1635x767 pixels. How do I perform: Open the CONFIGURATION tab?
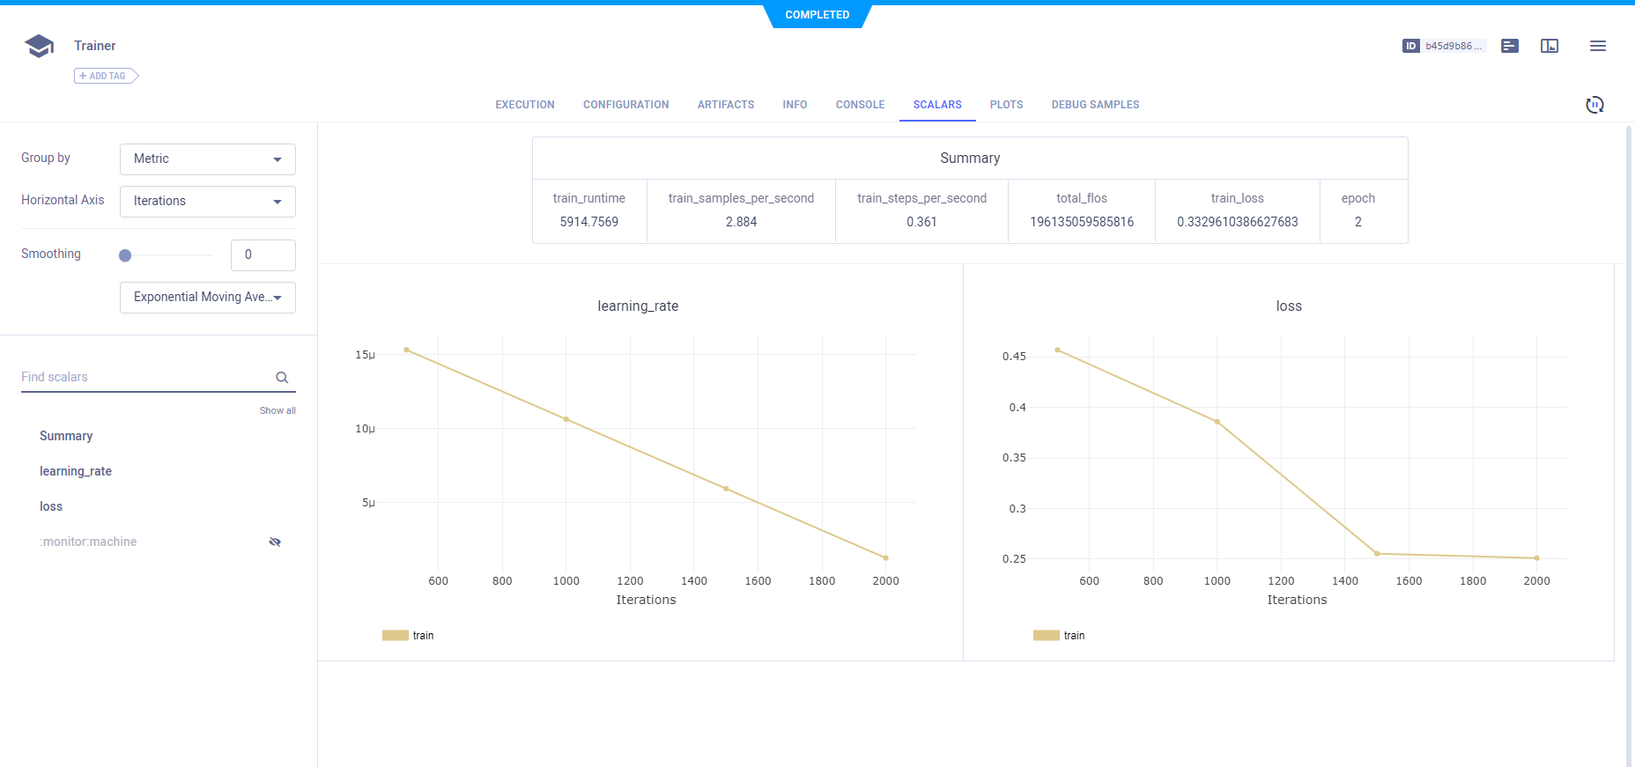coord(625,105)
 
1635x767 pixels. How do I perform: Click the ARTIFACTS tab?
coord(726,105)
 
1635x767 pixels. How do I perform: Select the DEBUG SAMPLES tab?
coord(1095,105)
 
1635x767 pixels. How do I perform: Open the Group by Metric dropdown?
coord(208,159)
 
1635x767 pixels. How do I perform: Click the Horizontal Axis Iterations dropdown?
coord(208,202)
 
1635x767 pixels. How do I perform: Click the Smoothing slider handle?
coord(125,255)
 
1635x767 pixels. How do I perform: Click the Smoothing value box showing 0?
coord(263,255)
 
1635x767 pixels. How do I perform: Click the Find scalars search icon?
coord(282,378)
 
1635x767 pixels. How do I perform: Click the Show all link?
coord(277,411)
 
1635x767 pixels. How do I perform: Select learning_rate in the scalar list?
coord(76,471)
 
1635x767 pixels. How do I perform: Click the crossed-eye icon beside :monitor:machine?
coord(275,542)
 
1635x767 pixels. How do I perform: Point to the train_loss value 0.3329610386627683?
coord(1237,222)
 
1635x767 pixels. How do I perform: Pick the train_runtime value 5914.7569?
coord(589,222)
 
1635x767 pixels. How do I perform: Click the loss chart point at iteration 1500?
coord(1377,554)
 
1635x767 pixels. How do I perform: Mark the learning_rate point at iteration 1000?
coord(566,419)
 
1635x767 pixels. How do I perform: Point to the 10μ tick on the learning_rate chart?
coord(365,429)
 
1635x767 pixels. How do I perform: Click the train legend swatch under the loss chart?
coord(1046,636)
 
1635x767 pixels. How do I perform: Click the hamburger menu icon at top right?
coord(1597,46)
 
